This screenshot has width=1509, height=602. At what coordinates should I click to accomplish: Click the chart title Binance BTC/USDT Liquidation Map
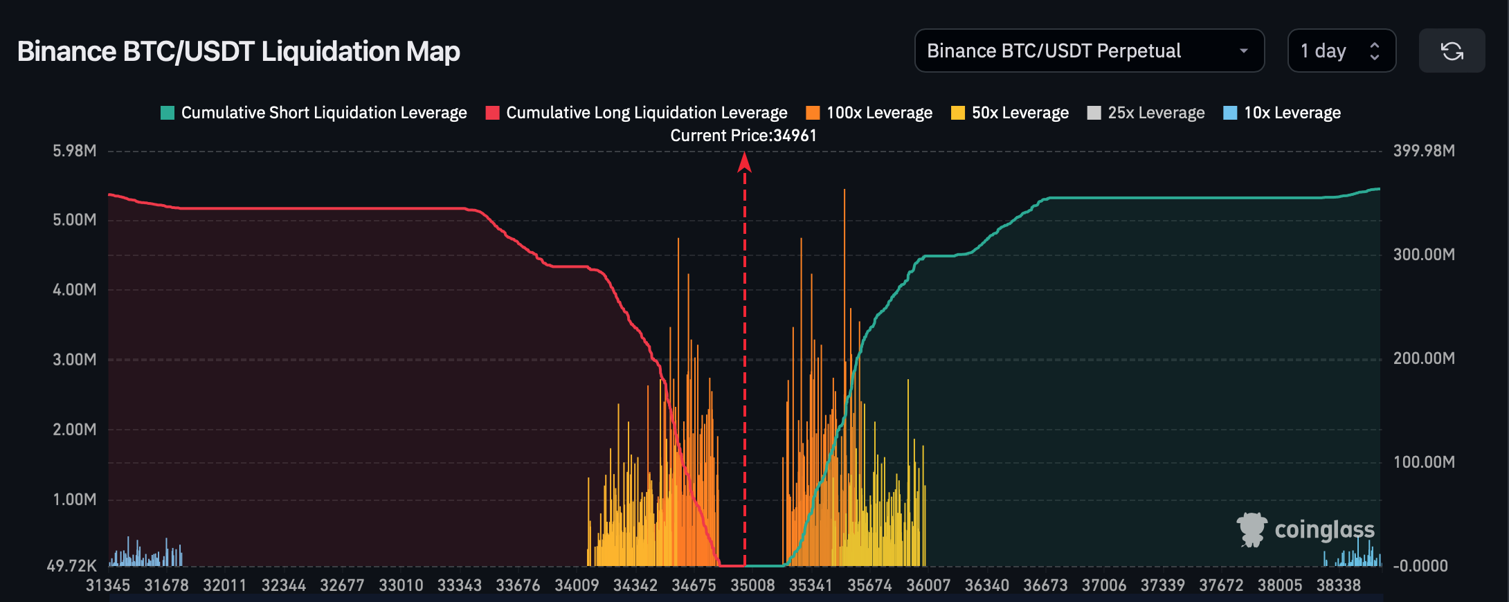click(239, 51)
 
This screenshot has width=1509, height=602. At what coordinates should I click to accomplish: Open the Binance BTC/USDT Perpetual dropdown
click(1090, 51)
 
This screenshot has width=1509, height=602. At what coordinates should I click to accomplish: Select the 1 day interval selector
click(1341, 51)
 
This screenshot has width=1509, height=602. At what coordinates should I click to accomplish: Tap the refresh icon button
click(1452, 51)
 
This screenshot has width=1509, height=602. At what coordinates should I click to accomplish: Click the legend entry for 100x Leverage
click(869, 113)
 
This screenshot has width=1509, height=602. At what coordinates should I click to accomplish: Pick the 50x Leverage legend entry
click(1010, 113)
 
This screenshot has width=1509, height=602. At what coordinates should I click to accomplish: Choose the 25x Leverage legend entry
click(1146, 113)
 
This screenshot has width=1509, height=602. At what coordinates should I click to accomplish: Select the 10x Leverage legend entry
click(1283, 113)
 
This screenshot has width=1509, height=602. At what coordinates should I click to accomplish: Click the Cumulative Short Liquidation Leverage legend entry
click(314, 113)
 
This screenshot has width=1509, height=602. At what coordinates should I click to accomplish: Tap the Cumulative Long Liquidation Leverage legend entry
click(637, 113)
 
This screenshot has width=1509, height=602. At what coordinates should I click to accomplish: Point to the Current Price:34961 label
click(743, 136)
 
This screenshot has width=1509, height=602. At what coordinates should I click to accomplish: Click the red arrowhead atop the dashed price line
click(745, 162)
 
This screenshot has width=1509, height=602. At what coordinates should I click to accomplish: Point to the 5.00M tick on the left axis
click(75, 220)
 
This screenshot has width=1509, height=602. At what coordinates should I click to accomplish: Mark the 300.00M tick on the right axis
click(1424, 255)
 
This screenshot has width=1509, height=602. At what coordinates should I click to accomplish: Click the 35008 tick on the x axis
click(752, 585)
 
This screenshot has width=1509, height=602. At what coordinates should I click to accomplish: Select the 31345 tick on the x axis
click(108, 585)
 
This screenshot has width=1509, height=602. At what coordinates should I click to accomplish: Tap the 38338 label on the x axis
click(1339, 585)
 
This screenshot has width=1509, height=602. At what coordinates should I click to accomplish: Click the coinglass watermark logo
click(1305, 530)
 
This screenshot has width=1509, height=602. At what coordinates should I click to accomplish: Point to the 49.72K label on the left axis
click(72, 566)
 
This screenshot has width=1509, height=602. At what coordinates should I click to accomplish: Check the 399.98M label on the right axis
click(1424, 151)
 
